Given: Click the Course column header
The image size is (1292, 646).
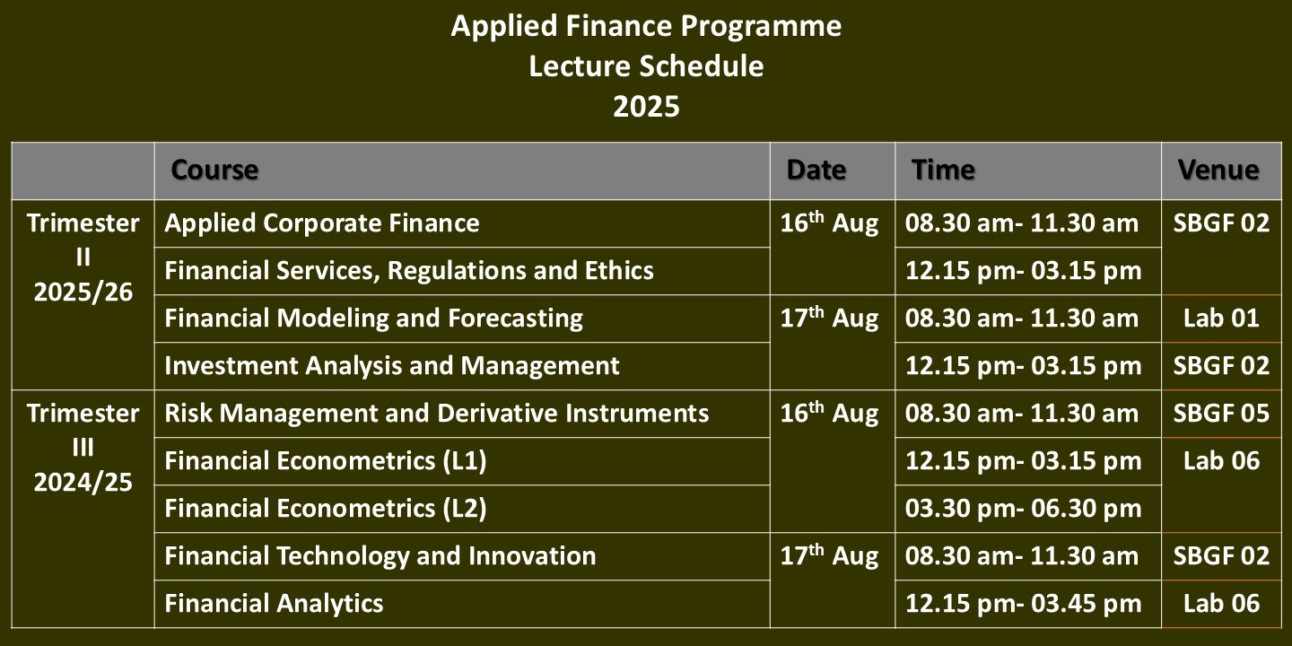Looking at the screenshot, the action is [x=214, y=170].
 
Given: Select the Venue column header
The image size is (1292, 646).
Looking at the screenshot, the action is [x=1218, y=170].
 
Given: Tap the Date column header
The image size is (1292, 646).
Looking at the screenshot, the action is [x=816, y=170].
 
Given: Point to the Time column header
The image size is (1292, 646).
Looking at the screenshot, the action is [x=943, y=170].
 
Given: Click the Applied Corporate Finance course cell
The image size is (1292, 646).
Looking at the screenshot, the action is [x=322, y=223].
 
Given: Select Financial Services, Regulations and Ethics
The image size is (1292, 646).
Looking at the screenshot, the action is [x=409, y=271].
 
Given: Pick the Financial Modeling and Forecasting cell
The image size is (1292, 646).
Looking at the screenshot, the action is [x=374, y=319].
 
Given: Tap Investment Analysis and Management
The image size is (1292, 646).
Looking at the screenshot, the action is [x=391, y=366].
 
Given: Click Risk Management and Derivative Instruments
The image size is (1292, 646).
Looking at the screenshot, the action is [x=437, y=413].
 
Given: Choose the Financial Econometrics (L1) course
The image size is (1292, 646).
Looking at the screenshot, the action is [x=326, y=461].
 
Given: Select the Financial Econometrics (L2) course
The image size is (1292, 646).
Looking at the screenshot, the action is [x=326, y=508].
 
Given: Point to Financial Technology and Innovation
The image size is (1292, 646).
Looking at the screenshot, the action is [x=380, y=556].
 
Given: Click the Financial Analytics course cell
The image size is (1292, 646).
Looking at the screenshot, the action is [x=274, y=603].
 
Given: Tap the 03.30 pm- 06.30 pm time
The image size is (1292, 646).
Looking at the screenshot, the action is [x=1023, y=508].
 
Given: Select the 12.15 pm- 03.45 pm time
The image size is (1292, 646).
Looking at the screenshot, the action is [x=1023, y=603].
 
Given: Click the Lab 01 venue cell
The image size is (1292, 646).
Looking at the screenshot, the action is [x=1221, y=319].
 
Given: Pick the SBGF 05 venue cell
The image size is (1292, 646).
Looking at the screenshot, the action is [x=1221, y=413].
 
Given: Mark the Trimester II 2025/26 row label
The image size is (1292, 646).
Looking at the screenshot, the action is [x=83, y=258].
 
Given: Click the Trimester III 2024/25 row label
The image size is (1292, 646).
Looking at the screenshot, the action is [x=83, y=448].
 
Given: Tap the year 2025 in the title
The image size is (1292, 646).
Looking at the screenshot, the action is [x=646, y=107].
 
